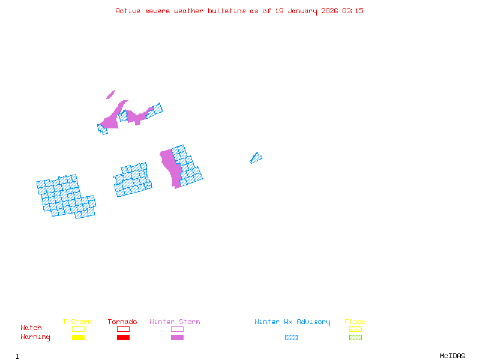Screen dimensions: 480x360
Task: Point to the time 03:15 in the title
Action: [353, 11]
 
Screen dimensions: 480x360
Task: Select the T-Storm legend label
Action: [77, 322]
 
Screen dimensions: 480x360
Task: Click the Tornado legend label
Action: [122, 322]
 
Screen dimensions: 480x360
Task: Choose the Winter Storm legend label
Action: [175, 322]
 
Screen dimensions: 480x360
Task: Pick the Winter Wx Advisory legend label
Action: [292, 322]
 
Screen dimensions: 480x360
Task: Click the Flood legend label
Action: [355, 322]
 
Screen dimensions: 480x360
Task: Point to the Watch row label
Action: [31, 328]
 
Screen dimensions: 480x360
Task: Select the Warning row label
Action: [35, 337]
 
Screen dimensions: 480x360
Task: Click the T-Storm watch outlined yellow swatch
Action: [78, 329]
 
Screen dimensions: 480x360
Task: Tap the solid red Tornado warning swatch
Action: [123, 337]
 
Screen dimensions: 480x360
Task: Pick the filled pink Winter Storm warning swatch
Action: [177, 337]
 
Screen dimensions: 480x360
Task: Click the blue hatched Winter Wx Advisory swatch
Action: [291, 337]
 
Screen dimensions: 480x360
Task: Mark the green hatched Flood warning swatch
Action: [355, 337]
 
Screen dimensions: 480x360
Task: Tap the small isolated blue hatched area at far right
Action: [256, 158]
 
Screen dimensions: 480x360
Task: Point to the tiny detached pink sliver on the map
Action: [110, 94]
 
